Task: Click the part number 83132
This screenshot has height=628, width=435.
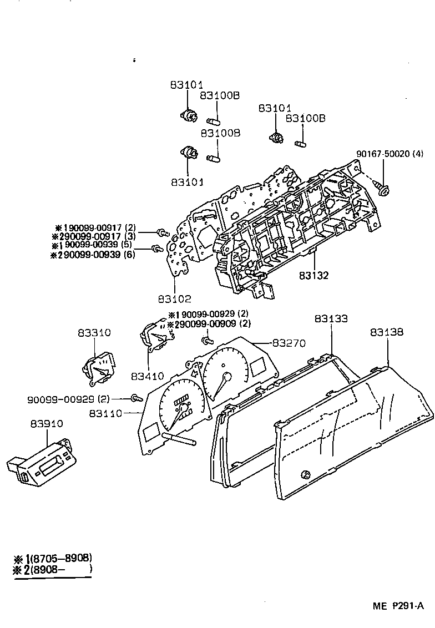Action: pos(314,275)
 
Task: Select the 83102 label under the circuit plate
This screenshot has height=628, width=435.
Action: pos(174,299)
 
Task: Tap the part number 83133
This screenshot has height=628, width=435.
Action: pos(331,319)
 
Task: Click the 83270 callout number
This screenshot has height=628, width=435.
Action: pos(289,343)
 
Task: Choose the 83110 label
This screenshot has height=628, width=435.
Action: pos(105,413)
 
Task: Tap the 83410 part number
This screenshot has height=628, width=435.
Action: pos(148,377)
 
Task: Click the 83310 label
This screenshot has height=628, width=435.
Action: pos(94,333)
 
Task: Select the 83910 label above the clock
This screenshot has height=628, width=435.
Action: pos(47,423)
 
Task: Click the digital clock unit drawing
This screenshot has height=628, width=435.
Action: pos(40,459)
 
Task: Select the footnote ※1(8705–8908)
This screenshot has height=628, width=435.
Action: pos(52,558)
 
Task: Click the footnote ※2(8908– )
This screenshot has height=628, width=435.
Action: pos(52,569)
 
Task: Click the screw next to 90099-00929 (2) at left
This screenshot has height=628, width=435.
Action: pos(135,397)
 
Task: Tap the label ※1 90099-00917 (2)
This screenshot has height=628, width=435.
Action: pos(95,227)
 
